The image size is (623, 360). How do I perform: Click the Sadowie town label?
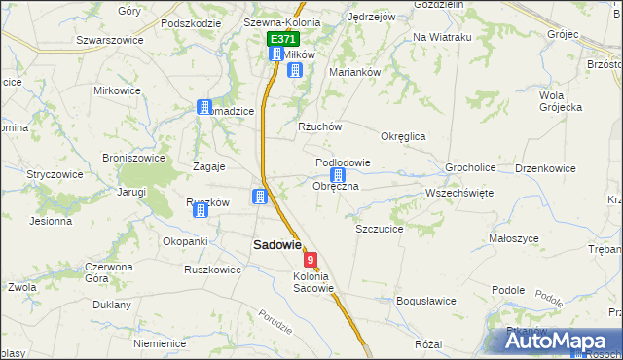click(x=277, y=246)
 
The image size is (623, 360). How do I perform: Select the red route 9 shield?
click(x=311, y=260)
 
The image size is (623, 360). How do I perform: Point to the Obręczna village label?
click(x=336, y=186)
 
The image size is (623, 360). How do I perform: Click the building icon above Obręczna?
click(x=338, y=175)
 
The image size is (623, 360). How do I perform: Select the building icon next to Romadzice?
click(x=204, y=107)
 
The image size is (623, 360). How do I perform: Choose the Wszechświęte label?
click(x=459, y=193)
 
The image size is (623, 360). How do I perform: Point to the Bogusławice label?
click(x=426, y=301)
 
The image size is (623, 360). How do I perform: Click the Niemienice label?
click(x=161, y=343)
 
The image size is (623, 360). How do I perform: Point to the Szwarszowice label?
click(x=110, y=40)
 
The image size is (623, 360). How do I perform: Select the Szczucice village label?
click(x=380, y=229)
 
